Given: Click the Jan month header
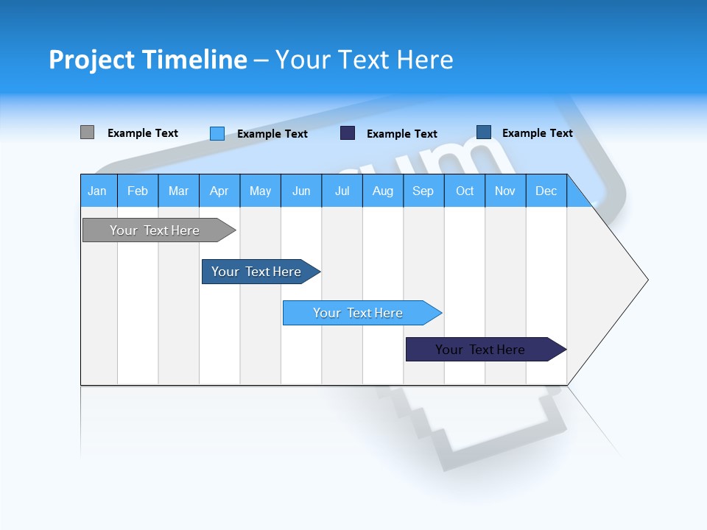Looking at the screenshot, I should click(x=98, y=191).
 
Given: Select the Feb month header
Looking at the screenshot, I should click(x=138, y=191).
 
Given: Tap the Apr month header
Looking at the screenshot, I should click(x=219, y=191).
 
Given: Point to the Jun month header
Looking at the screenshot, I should click(x=300, y=191).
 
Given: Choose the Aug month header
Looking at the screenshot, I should click(x=382, y=191).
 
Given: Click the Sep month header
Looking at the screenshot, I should click(x=423, y=191).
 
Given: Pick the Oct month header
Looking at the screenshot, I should click(x=464, y=191).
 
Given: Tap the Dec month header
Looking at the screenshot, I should click(x=546, y=191).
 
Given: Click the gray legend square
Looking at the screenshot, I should click(x=87, y=132).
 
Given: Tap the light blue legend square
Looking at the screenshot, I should click(x=217, y=133).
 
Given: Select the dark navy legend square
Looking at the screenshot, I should click(x=348, y=133).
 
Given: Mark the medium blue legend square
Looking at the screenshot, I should click(x=483, y=132).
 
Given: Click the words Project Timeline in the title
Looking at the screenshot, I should click(x=148, y=60).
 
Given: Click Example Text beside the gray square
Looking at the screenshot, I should click(x=143, y=133).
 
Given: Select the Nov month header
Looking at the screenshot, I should click(x=504, y=191).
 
